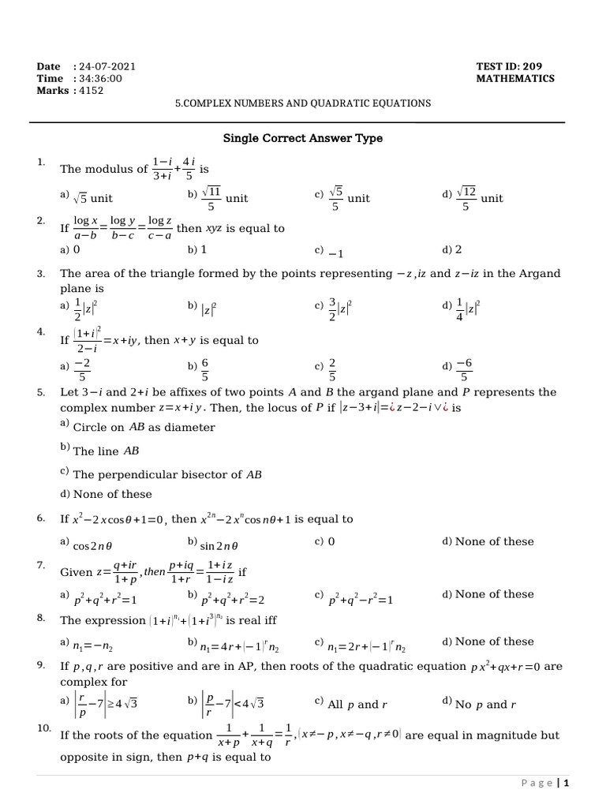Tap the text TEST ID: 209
coord(509,66)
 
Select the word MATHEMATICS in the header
coord(515,78)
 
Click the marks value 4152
coord(91,90)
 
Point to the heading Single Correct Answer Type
coord(303,138)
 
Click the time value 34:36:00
coord(100,78)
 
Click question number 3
coord(40,273)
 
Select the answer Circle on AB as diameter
coord(143,427)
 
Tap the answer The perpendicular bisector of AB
coord(166,475)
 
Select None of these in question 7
coord(494,594)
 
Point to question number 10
coord(43,728)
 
